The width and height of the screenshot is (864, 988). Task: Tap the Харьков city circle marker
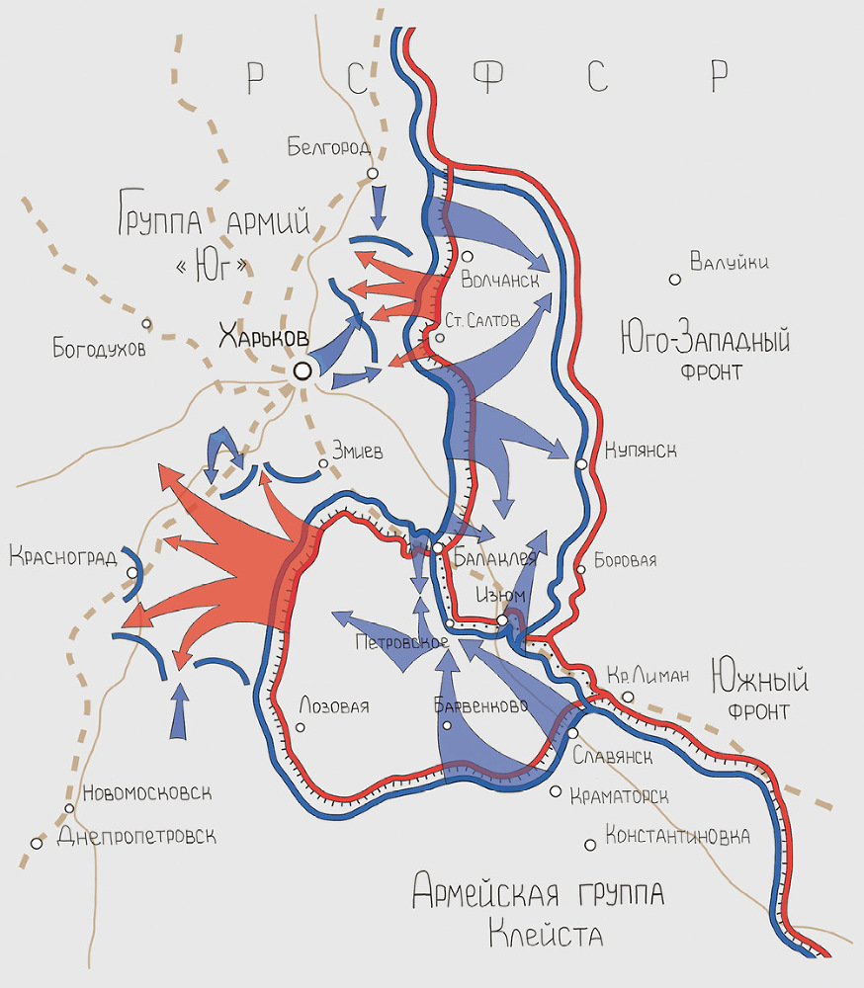click(302, 370)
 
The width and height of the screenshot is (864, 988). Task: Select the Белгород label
click(329, 148)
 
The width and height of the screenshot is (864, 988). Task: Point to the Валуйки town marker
click(675, 280)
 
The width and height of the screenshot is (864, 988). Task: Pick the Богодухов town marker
click(146, 323)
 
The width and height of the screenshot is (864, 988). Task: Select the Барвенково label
click(480, 705)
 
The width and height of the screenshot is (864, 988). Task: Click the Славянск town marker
click(572, 733)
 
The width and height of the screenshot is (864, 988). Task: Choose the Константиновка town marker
click(590, 844)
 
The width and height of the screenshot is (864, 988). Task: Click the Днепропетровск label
click(136, 836)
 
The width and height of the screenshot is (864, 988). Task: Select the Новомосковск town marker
click(69, 808)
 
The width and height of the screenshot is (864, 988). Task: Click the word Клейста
click(546, 932)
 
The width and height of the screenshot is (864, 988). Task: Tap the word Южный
click(758, 681)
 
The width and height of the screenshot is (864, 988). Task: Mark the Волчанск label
click(500, 281)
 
